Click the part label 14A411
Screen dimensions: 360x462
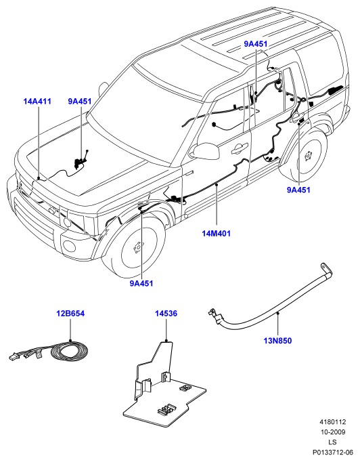pyautogui.click(x=37, y=102)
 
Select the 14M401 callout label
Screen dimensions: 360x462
pyautogui.click(x=217, y=234)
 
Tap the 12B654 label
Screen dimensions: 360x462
pyautogui.click(x=70, y=314)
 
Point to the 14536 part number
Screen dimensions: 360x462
pyautogui.click(x=166, y=314)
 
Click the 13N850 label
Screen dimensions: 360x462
pyautogui.click(x=277, y=341)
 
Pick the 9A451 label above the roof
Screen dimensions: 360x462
pyautogui.click(x=256, y=44)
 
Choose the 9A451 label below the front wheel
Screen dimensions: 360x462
pyautogui.click(x=141, y=283)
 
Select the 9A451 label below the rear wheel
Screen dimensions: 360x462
pyautogui.click(x=298, y=190)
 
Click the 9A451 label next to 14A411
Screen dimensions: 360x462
pyautogui.click(x=80, y=102)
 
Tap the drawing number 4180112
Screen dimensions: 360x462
pyautogui.click(x=333, y=422)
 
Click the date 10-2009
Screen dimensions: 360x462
pyautogui.click(x=333, y=432)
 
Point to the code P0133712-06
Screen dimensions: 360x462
pyautogui.click(x=333, y=452)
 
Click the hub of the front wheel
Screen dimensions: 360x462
pyautogui.click(x=138, y=247)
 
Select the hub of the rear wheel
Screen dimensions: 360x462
pyautogui.click(x=308, y=155)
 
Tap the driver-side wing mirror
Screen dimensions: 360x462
pyautogui.click(x=205, y=151)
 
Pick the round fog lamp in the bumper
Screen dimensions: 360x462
pyautogui.click(x=70, y=245)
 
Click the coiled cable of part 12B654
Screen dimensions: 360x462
pyautogui.click(x=70, y=351)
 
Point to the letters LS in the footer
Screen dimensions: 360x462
pyautogui.click(x=333, y=442)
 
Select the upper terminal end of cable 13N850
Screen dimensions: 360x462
pyautogui.click(x=326, y=269)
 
